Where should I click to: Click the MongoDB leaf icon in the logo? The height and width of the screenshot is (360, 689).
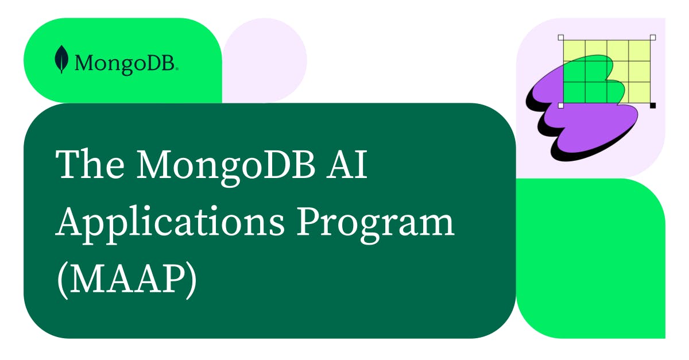(x=61, y=60)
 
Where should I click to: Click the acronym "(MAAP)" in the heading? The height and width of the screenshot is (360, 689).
(x=126, y=279)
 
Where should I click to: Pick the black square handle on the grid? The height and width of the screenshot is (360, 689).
(x=652, y=106)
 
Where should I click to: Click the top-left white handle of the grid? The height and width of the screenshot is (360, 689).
(x=561, y=37)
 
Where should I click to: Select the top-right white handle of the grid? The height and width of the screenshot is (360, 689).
(x=652, y=37)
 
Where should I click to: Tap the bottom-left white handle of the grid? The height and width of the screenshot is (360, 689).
(x=561, y=106)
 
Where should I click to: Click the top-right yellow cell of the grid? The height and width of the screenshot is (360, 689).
(x=641, y=49)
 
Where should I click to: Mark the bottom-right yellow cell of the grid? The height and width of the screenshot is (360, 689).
(x=641, y=94)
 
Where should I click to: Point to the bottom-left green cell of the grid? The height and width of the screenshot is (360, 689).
(x=573, y=94)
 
